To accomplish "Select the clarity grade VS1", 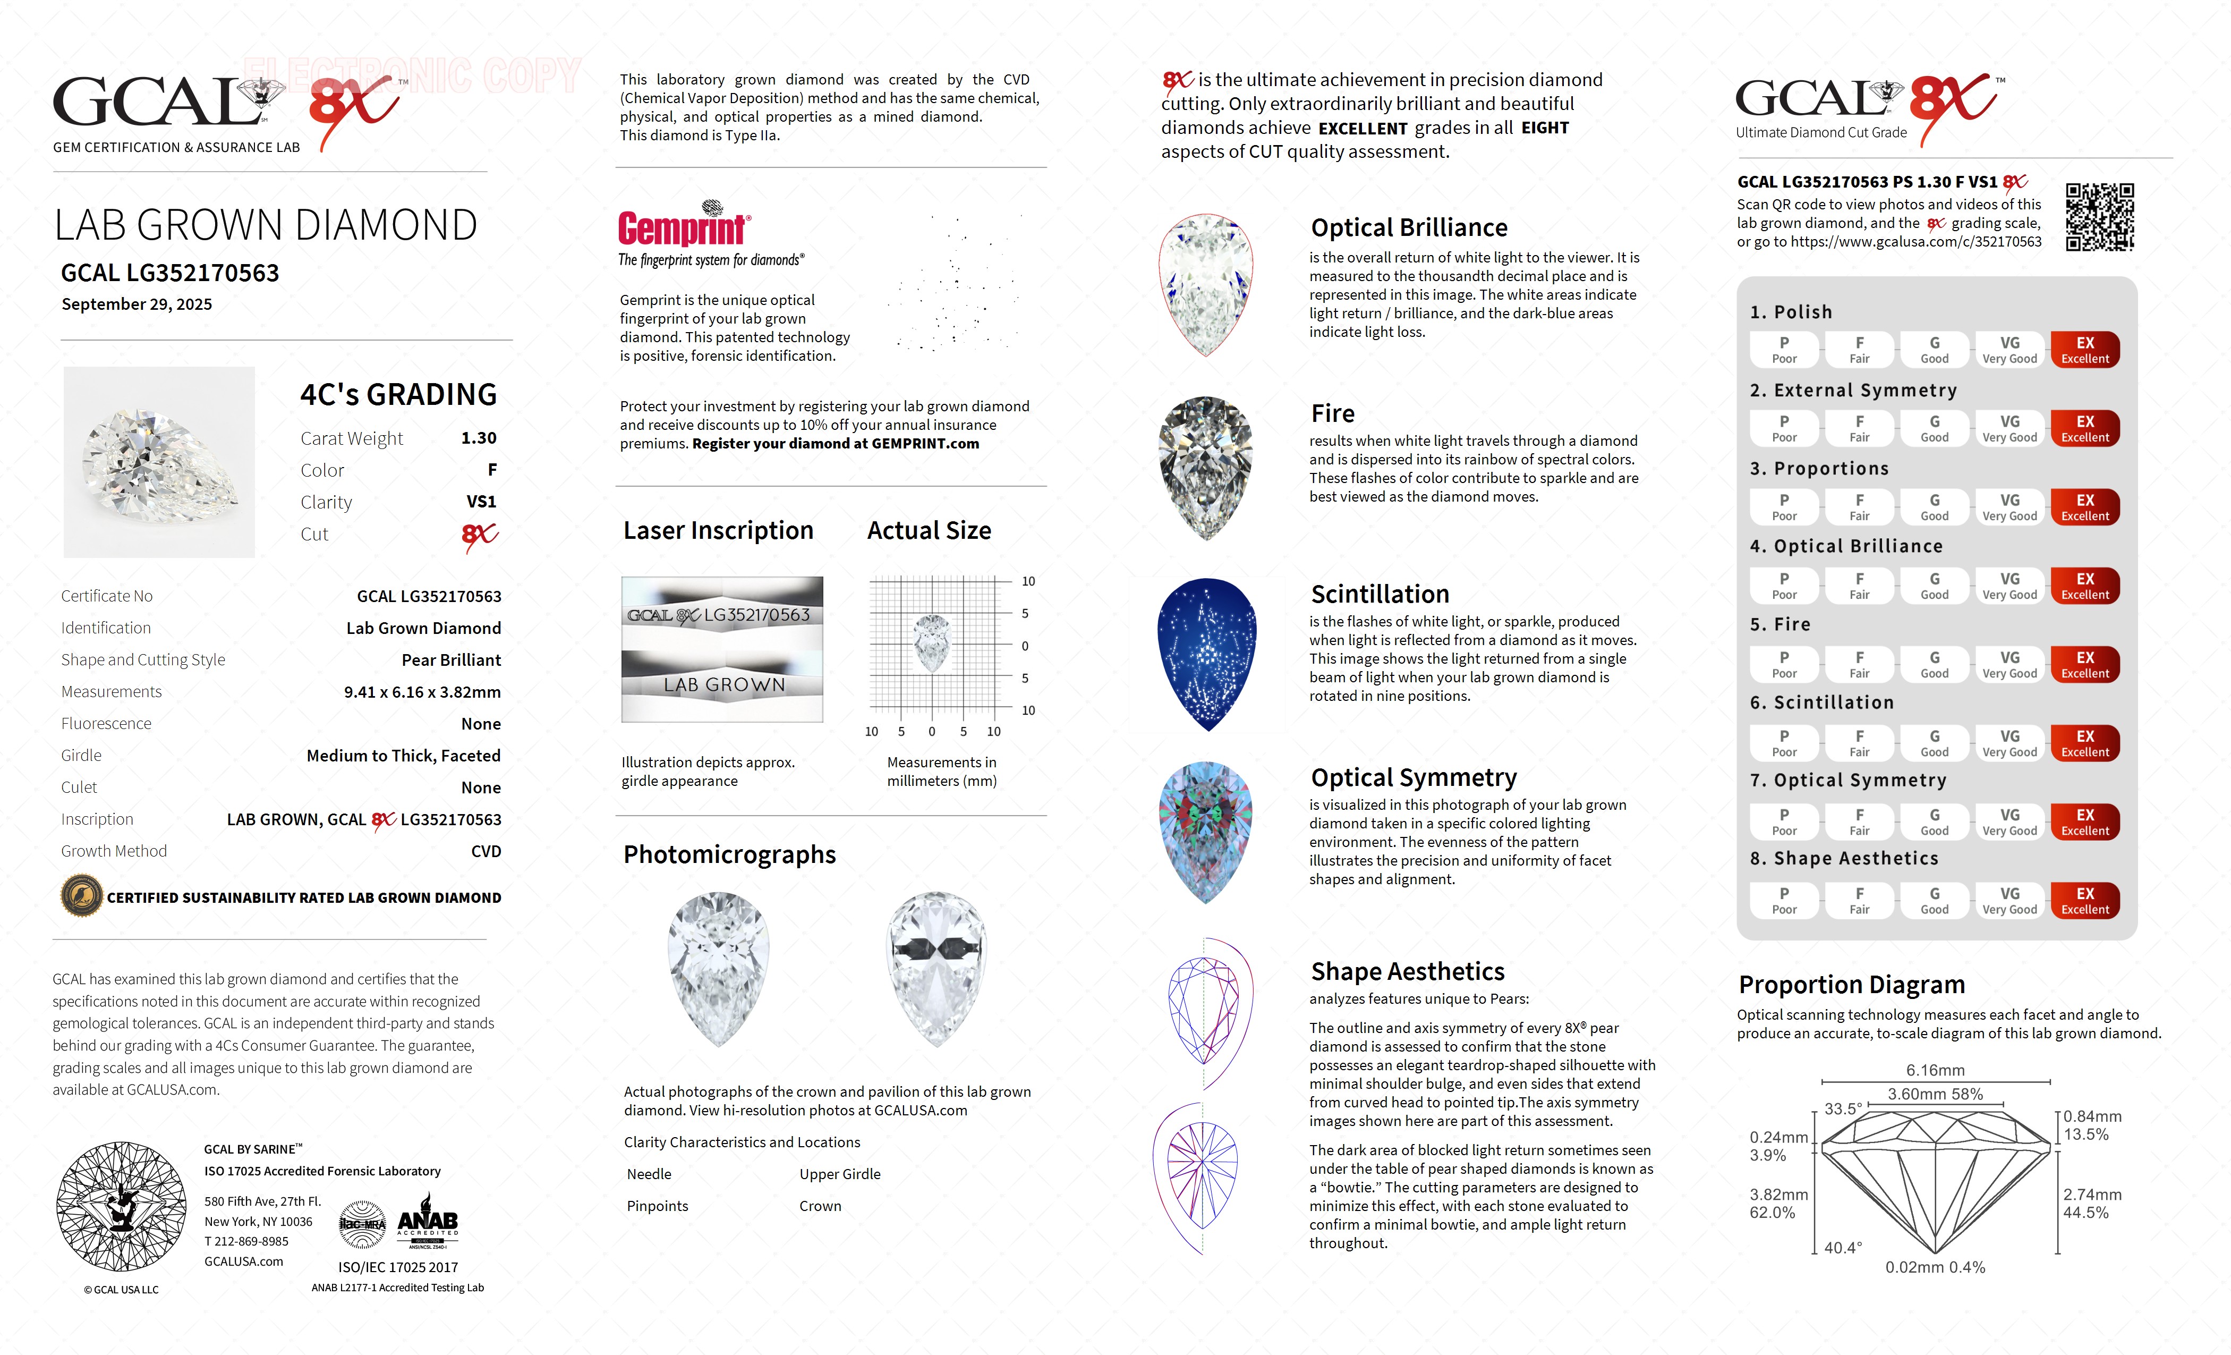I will [x=481, y=502].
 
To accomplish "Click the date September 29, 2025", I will [x=137, y=304].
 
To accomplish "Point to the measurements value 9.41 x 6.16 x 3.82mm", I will [x=422, y=692].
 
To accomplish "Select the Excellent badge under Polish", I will [x=2084, y=350].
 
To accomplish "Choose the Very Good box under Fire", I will [x=2009, y=665].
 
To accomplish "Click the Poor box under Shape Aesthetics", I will [x=1784, y=900].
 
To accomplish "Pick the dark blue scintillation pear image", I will [x=1207, y=654].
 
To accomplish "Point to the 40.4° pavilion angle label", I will [x=1843, y=1247].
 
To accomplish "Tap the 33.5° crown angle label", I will [x=1843, y=1108].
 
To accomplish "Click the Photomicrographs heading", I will [x=729, y=854].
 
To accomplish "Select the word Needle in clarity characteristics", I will [x=649, y=1174].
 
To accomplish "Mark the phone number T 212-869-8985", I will [x=246, y=1241].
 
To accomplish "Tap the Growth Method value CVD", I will [x=486, y=851].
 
